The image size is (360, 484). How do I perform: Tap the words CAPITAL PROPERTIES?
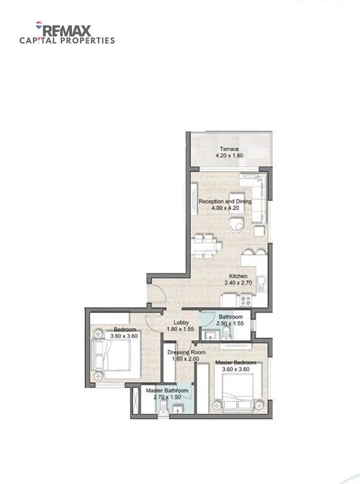point(67,40)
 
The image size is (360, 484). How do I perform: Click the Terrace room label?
point(229,149)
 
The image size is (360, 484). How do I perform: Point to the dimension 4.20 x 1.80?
point(229,156)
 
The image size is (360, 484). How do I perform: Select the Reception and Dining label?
point(225,201)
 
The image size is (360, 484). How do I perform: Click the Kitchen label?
point(238,276)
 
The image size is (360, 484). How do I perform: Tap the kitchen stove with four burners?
point(246,301)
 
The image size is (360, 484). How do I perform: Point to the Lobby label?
point(181,322)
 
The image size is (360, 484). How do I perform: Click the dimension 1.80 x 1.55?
point(180,329)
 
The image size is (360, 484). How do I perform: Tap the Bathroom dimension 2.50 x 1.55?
point(230,323)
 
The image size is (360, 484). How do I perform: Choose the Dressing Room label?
point(187,352)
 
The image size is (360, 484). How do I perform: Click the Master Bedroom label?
point(236,363)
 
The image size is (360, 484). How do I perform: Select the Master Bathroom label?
point(167,390)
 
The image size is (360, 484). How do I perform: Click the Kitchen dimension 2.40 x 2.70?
point(238,283)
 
